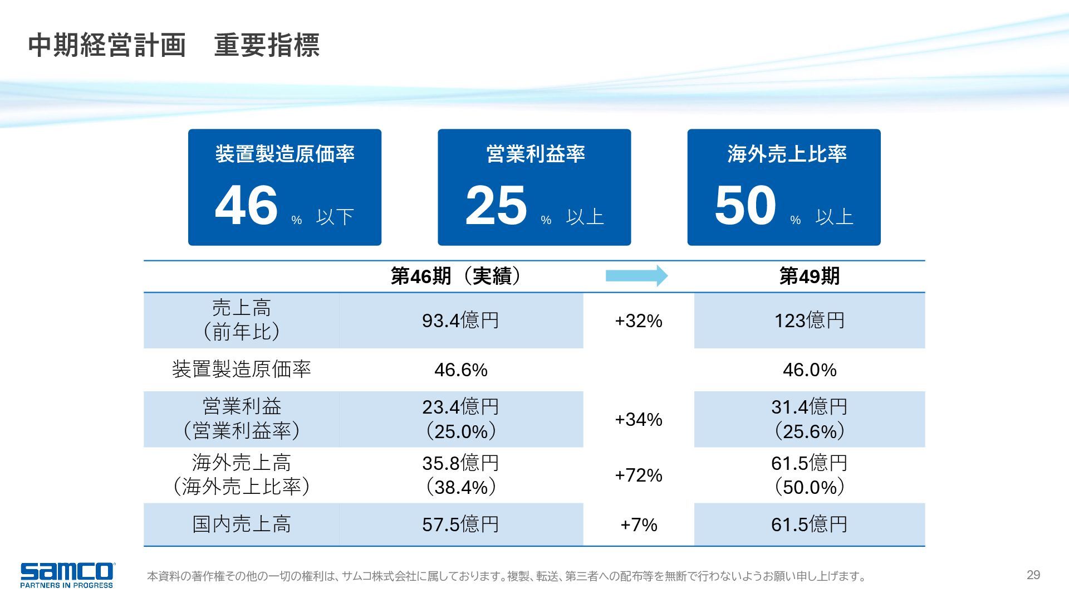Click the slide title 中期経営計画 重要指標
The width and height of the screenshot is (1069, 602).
tap(174, 46)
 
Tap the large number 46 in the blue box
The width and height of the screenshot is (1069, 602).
tap(246, 205)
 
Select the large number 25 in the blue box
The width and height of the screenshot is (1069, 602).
tap(496, 205)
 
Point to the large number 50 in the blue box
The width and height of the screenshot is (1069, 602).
tap(745, 205)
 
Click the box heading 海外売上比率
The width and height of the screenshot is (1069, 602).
tap(786, 154)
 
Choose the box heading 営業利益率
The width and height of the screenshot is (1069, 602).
tap(536, 154)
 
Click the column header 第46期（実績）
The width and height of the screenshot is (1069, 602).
tap(457, 276)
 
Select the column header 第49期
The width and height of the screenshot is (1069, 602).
tap(809, 276)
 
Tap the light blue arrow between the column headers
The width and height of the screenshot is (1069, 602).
tap(636, 275)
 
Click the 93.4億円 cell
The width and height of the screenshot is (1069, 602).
tap(460, 321)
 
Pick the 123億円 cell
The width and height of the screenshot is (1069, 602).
tap(809, 321)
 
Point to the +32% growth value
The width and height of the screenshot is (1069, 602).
tap(639, 321)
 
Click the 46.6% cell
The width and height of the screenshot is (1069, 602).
tap(460, 370)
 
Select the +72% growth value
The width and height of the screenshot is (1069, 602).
tap(639, 475)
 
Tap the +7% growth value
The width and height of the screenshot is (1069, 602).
tap(639, 525)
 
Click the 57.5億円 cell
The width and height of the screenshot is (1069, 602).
tap(460, 525)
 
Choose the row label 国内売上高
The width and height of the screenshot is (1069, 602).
tap(241, 525)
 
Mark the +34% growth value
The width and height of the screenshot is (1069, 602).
tap(639, 419)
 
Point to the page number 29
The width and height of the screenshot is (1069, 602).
tap(1033, 575)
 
